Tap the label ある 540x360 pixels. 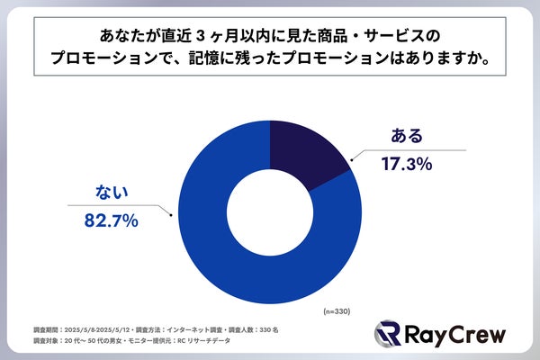click(407, 137)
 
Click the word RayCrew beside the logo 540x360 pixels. click(455, 336)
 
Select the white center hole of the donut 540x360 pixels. click(270, 208)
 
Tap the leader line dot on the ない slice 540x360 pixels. click(172, 213)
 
